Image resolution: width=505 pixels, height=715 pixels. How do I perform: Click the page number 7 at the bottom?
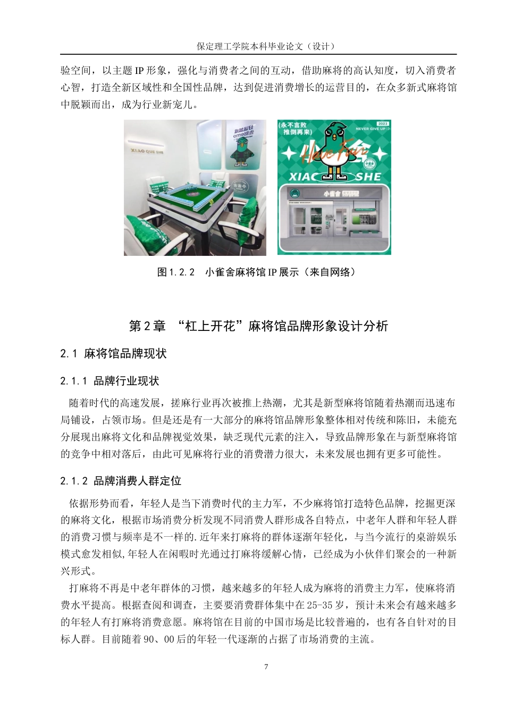266,667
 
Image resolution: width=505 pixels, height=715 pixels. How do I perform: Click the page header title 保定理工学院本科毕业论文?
266,46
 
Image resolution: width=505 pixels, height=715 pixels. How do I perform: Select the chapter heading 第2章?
147,326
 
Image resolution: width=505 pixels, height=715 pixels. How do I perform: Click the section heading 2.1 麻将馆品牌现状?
113,354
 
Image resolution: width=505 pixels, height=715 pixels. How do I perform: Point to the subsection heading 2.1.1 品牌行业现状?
110,381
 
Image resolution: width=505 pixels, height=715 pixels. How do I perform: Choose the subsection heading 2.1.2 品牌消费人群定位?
121,481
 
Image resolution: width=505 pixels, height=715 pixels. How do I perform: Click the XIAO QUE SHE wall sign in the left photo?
147,151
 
